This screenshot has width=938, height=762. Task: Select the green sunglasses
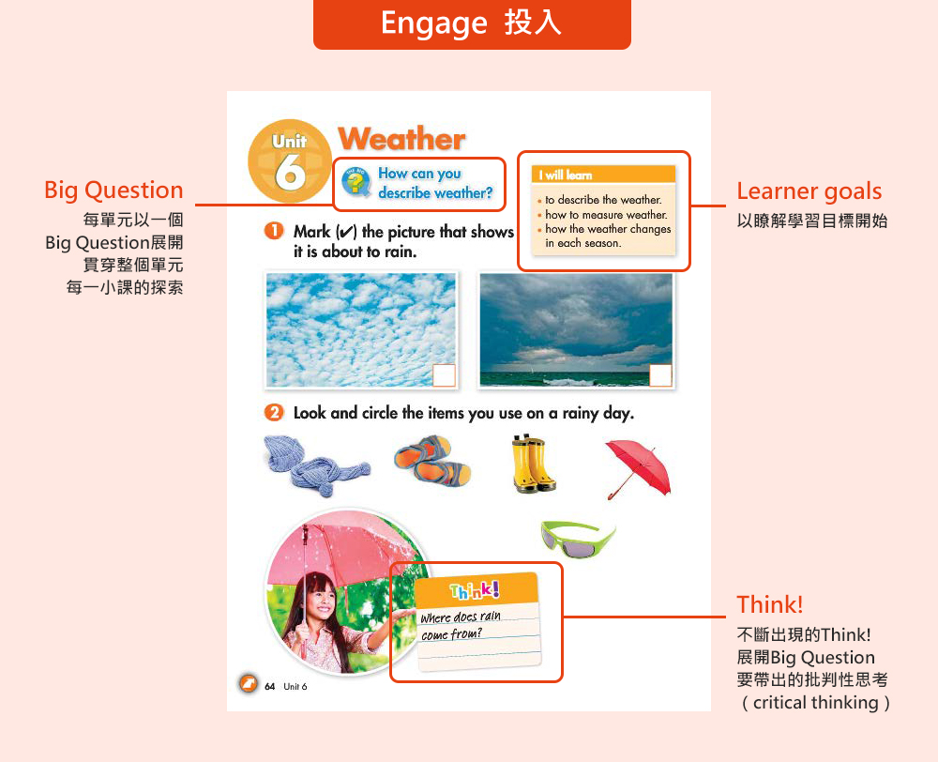coord(578,539)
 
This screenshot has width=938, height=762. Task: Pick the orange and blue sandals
coord(432,461)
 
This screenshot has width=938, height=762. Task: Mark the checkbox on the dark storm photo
coord(660,375)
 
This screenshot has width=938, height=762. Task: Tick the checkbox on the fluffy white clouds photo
coord(444,375)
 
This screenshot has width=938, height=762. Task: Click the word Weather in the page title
coord(402,139)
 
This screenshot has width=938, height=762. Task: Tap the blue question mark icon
coord(356,182)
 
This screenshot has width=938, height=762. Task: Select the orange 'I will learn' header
coord(603,175)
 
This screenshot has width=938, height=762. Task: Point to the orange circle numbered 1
coord(273,231)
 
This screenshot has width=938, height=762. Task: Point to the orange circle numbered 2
coord(273,412)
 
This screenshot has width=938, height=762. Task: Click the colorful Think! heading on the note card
coord(475,590)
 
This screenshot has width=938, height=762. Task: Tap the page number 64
coord(270,687)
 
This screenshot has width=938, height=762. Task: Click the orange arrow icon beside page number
coord(248,683)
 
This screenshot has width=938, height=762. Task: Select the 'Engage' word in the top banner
coord(434,24)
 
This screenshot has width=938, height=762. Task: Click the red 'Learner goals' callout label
coord(809,191)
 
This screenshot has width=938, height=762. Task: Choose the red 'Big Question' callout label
coord(113,190)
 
